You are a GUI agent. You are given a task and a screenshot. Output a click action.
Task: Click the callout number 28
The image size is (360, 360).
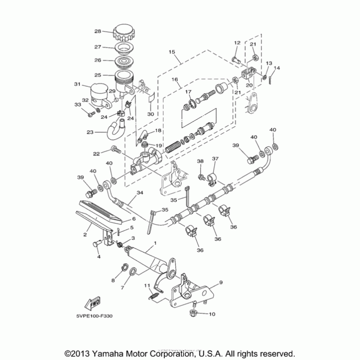pos(97,31)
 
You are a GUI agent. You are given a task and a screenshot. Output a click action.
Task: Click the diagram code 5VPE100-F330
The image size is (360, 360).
pos(95,316)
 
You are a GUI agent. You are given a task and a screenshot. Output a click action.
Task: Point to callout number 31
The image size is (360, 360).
pos(76,84)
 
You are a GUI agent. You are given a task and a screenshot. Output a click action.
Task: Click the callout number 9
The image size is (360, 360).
pos(221,283)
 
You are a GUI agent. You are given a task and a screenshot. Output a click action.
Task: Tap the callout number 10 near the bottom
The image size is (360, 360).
pos(212,314)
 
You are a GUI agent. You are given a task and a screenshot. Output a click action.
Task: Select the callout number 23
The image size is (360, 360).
pos(90,132)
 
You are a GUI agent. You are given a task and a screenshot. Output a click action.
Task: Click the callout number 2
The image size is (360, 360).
pos(84,234)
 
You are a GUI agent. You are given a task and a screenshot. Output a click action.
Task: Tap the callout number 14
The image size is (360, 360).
pos(277,68)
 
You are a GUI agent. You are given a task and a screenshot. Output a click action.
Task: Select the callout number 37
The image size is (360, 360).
pos(215,159)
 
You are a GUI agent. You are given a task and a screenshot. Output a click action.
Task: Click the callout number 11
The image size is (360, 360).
pos(146,285)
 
